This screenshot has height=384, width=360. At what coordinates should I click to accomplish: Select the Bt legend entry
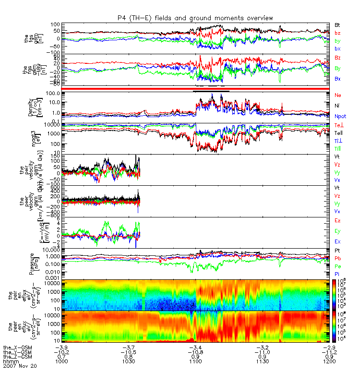pos(337,24)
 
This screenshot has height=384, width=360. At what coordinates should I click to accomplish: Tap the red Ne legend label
pos(337,95)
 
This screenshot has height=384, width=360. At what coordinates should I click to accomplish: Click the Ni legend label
pos(337,105)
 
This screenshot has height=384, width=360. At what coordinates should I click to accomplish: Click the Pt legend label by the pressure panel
pos(337,251)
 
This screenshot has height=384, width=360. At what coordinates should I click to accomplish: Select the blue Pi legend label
pos(337,274)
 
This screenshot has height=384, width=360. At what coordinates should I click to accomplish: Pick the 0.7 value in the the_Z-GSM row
pos(66,356)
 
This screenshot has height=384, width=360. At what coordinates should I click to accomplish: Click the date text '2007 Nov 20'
pos(20,365)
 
